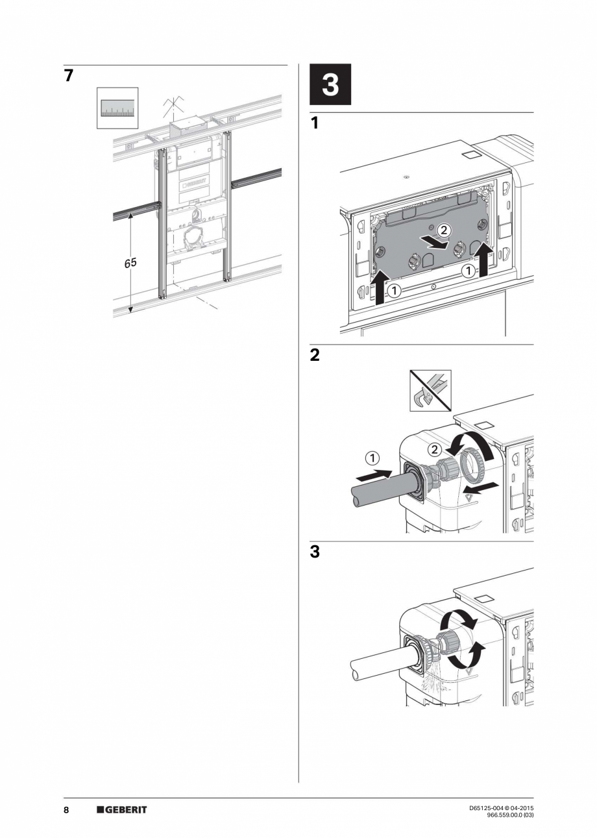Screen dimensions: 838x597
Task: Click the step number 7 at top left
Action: pos(68,75)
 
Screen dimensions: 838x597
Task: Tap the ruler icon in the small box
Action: pos(117,108)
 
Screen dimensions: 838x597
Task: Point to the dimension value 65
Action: pos(131,263)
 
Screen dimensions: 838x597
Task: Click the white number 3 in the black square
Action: pos(330,85)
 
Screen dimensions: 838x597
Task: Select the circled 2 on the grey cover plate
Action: pos(443,230)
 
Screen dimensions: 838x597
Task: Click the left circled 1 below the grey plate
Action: pos(395,291)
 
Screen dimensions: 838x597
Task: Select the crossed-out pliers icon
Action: pos(430,391)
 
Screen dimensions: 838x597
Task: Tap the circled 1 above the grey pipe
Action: pos(372,459)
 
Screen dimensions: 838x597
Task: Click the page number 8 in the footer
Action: pos(67,810)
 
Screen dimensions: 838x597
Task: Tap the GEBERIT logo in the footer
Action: pos(122,810)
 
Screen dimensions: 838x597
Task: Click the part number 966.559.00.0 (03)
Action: pos(510,815)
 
